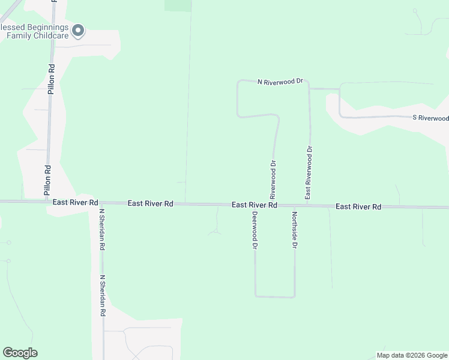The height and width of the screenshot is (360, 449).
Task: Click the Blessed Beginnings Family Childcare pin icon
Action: pos(78,30)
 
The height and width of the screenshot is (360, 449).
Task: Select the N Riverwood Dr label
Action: pos(281,81)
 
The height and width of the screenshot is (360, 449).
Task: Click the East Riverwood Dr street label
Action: pos(309,172)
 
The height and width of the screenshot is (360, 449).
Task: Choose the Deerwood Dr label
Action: pos(255,230)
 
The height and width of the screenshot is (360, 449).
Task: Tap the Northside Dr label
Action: pos(295,230)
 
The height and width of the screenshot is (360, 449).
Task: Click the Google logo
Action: pos(20,353)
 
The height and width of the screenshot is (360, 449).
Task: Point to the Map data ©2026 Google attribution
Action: pos(412,355)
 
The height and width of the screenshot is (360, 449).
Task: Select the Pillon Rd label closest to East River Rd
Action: pos(47,181)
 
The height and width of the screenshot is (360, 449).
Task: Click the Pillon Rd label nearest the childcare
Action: pos(52,79)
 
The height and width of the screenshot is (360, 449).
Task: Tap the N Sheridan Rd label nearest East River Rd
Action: pos(102,229)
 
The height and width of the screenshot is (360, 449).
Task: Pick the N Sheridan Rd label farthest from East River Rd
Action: pos(103,296)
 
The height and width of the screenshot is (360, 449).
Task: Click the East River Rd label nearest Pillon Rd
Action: pos(75,203)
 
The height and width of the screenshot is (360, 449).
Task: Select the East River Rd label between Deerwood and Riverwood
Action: pos(255,205)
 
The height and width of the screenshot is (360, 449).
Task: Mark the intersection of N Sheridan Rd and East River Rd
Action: pos(101,203)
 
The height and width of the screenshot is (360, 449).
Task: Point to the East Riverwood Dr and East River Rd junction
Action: pos(309,205)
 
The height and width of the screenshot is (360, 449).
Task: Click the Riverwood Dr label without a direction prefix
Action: pos(273,179)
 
